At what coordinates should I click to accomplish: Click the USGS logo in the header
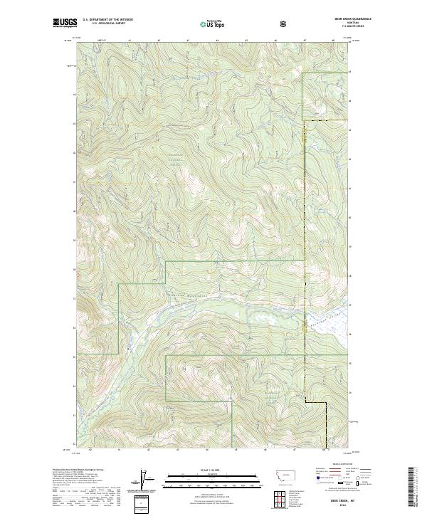pos(65,24)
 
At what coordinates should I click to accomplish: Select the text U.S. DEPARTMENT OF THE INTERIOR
pos(107,21)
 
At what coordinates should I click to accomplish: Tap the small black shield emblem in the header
pos(285,23)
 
